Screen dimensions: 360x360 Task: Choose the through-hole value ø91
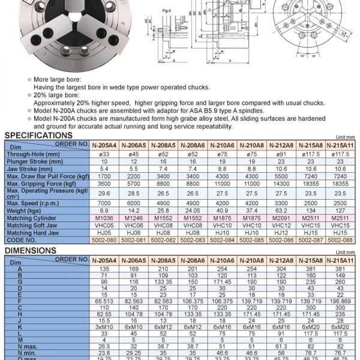click(x=280, y=154)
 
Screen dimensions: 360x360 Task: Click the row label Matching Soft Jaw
click(x=32, y=226)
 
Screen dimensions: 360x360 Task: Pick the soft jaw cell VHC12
click(x=280, y=226)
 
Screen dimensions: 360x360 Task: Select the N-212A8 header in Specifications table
click(x=280, y=145)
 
